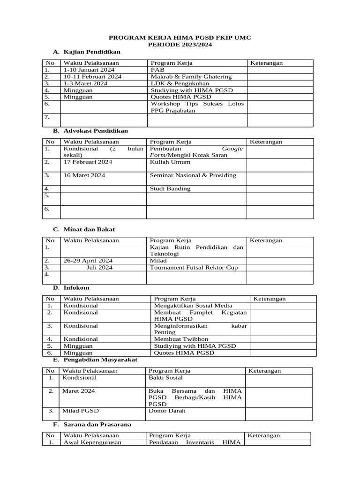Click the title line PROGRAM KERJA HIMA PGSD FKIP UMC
point(180,37)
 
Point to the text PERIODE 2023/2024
point(180,45)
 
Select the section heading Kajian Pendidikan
point(92,52)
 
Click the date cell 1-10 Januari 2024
point(89,70)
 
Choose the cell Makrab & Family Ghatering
point(191,76)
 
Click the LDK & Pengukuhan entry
point(180,83)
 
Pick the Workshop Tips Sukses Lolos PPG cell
point(197,107)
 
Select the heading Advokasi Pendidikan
point(95,131)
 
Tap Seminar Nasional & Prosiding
point(193,175)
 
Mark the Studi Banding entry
point(170,189)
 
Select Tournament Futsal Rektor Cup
point(194,268)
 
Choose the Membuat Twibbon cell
point(181,339)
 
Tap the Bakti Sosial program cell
point(165,377)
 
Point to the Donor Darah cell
point(167,411)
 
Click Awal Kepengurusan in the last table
point(92,442)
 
